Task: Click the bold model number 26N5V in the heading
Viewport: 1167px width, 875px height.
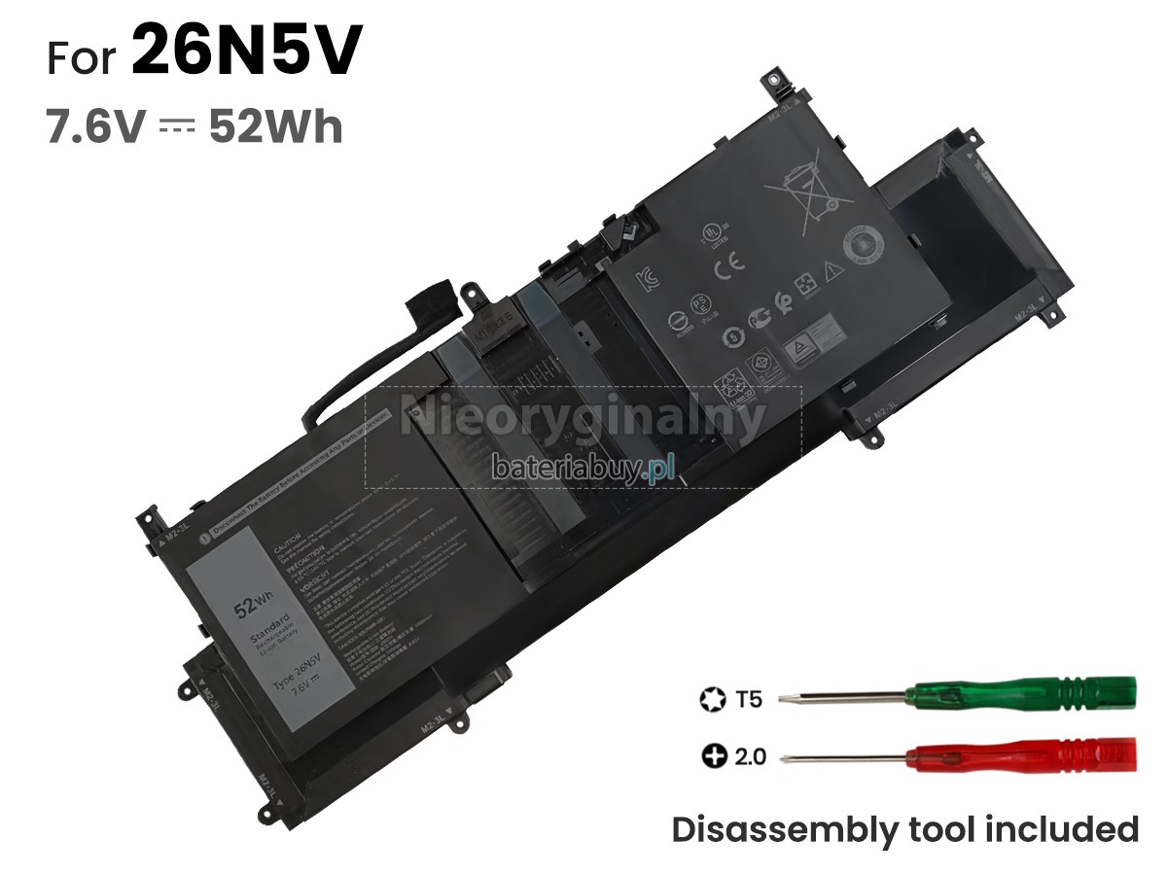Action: [245, 52]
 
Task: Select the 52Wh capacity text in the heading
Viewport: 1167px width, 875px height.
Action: [275, 126]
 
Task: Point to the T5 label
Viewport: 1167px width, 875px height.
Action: [750, 698]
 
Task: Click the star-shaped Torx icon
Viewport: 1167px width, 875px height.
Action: [710, 698]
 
